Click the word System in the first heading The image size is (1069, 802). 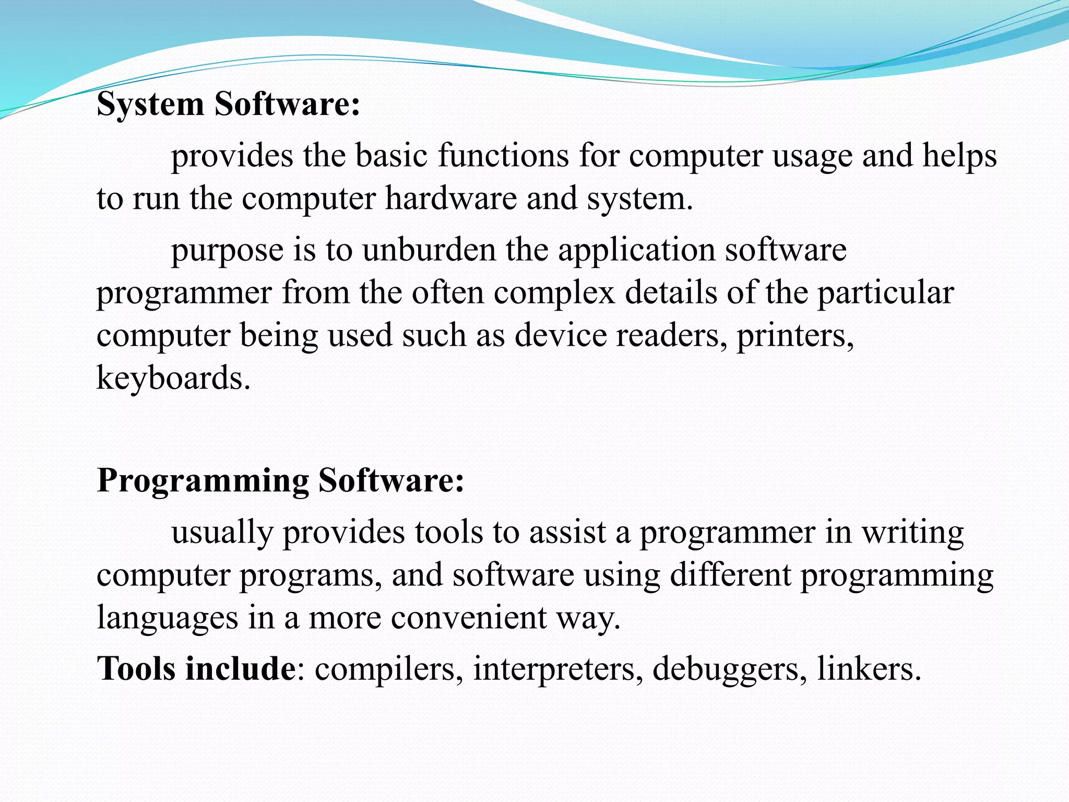coord(150,104)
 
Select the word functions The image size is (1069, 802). coord(503,156)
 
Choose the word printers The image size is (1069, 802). coord(795,336)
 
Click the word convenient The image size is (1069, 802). coord(468,618)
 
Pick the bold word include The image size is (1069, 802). coord(241,668)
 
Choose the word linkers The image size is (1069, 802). coord(869,669)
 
